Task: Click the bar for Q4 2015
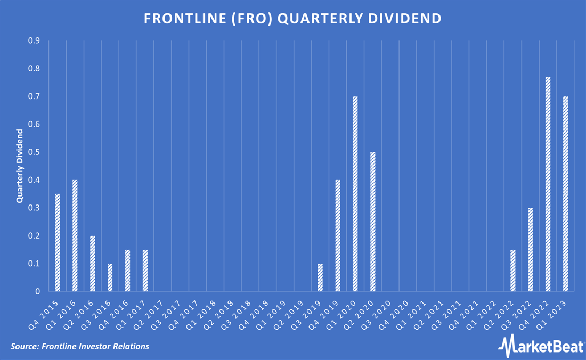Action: coord(58,243)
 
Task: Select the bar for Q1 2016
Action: coord(75,236)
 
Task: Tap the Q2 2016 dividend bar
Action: coord(93,264)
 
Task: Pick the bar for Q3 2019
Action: coord(320,277)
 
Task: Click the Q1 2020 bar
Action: coord(355,194)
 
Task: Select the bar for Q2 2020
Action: coord(373,222)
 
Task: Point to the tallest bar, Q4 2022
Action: coord(548,184)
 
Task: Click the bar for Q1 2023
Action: coord(565,194)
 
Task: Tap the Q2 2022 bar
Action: coord(513,271)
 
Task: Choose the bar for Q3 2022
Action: coord(531,250)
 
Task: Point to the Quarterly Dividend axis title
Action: coord(20,166)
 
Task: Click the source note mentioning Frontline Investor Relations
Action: coord(79,347)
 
